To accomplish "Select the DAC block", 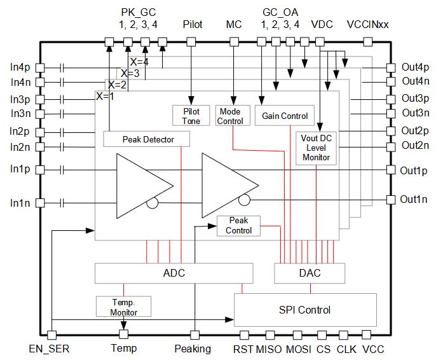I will pyautogui.click(x=310, y=273).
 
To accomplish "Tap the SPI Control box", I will pyautogui.click(x=304, y=310).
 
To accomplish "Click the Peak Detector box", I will pyautogui.click(x=147, y=139).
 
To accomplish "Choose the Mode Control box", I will pyautogui.click(x=230, y=116).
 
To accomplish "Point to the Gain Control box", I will pyautogui.click(x=285, y=116).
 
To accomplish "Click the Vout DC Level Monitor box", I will pyautogui.click(x=316, y=148).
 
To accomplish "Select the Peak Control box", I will pyautogui.click(x=238, y=225).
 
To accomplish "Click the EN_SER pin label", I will pyautogui.click(x=49, y=349).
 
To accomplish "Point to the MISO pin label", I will pyautogui.click(x=267, y=349).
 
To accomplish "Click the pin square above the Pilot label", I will pyautogui.click(x=191, y=42).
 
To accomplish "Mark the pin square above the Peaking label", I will pyautogui.click(x=196, y=335).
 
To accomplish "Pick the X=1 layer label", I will pyautogui.click(x=104, y=96).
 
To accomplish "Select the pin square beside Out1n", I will pyautogui.click(x=390, y=200).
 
